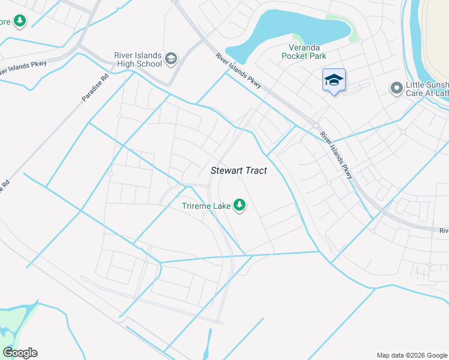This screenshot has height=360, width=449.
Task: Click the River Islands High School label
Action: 138,59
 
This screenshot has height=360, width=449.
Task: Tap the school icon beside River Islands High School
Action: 171,59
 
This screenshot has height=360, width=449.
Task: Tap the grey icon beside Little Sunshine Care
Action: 396,89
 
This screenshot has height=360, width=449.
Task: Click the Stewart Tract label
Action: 238,170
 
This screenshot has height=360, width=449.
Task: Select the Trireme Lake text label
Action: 206,206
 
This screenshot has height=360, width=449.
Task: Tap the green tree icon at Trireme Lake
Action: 240,206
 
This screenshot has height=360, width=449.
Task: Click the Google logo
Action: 20,353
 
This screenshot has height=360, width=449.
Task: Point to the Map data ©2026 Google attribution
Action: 411,355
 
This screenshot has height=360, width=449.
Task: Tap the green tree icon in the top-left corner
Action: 20,22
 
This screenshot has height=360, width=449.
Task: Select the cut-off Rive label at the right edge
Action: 444,230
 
